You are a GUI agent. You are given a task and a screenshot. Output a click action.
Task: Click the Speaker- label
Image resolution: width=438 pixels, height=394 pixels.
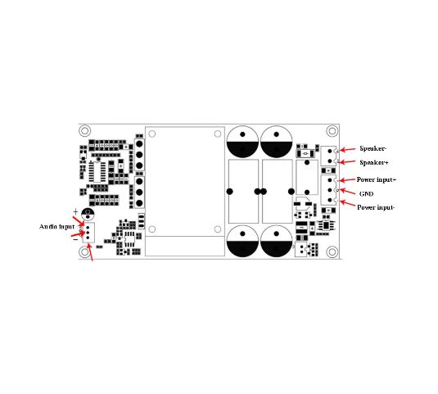point(373,148)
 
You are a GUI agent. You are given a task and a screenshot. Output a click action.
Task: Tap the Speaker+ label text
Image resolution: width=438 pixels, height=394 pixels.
point(374,162)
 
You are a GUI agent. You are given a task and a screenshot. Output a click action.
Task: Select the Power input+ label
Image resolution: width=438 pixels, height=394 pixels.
point(377,179)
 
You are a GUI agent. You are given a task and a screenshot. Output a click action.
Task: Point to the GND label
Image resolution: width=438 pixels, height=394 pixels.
point(366,193)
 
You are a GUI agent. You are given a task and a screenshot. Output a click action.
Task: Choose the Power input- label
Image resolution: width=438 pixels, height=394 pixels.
point(376,207)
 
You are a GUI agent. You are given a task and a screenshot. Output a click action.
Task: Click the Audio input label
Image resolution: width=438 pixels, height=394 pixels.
point(57,227)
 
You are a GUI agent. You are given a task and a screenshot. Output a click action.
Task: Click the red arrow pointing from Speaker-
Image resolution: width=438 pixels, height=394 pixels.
point(347,150)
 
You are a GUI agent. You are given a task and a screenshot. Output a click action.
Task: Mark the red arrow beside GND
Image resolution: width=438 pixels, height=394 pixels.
point(347,192)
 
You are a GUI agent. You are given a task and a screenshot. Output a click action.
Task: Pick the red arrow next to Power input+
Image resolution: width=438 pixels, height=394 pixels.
point(347,180)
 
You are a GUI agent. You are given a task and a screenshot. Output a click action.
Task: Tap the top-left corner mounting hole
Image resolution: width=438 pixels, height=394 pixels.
point(84,131)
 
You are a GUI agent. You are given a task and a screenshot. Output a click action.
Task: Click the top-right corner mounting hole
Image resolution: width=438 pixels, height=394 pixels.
point(332,131)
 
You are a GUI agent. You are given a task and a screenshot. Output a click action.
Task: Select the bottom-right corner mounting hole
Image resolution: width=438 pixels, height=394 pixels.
point(332,252)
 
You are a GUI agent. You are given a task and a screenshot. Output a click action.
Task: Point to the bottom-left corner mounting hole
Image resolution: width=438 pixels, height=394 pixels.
point(84,252)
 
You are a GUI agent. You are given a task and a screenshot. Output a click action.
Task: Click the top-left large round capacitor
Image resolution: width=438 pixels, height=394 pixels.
point(242,142)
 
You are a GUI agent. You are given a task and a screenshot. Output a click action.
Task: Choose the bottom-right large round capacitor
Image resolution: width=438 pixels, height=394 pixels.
point(276,242)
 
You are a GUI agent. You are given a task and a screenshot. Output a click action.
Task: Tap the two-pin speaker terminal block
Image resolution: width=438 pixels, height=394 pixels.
point(328,156)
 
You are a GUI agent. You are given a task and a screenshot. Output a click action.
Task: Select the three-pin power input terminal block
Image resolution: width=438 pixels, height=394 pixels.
point(328,190)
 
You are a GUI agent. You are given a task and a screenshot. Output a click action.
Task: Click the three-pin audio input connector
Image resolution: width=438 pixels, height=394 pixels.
point(88,233)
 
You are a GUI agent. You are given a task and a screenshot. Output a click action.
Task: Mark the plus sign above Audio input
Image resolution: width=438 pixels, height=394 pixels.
point(75,211)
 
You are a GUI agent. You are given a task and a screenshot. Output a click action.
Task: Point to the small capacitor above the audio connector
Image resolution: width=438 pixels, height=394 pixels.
point(88,214)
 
